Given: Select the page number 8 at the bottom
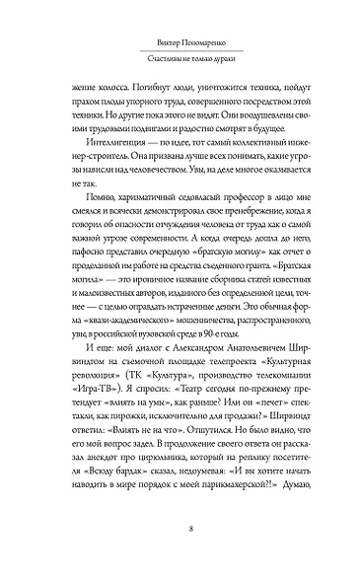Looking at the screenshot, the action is click(180, 528).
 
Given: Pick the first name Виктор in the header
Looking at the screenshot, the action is click(151, 42).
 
